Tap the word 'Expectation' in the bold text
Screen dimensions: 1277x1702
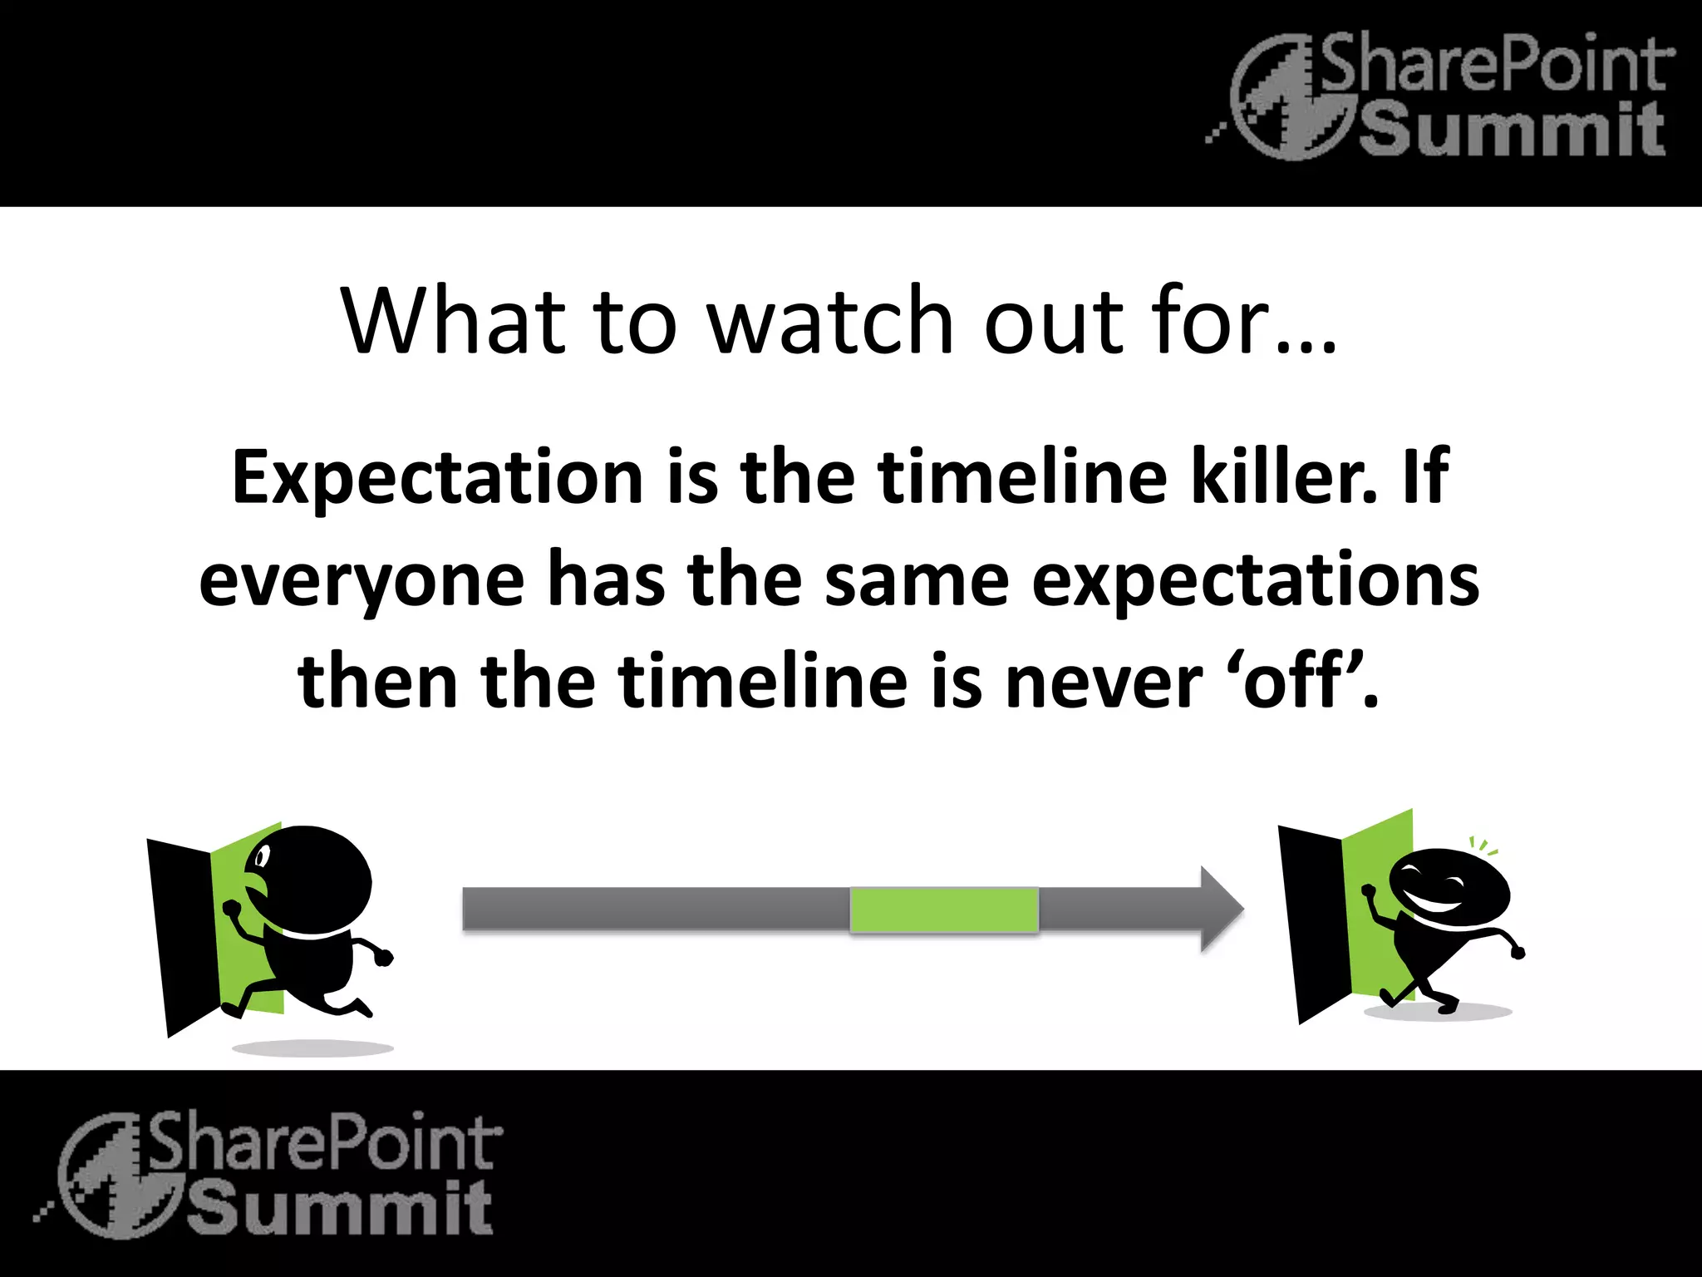point(437,477)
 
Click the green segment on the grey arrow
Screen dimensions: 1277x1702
point(944,910)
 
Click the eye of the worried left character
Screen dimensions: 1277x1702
point(263,855)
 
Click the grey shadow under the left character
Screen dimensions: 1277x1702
point(312,1048)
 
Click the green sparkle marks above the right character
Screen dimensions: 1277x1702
point(1483,847)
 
